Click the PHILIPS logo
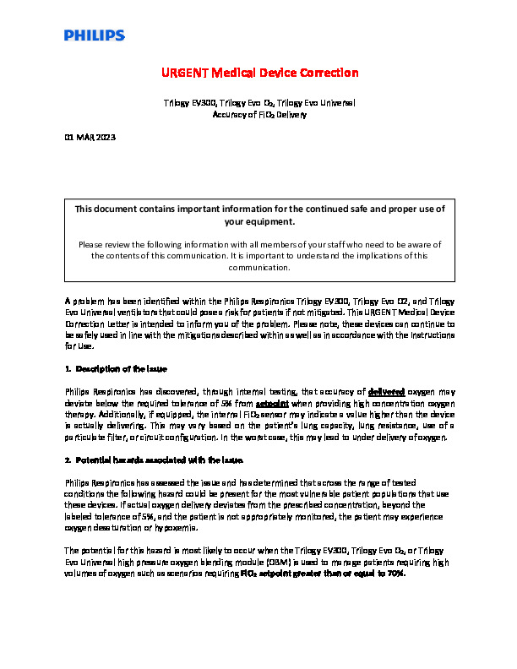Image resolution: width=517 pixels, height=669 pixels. click(x=94, y=35)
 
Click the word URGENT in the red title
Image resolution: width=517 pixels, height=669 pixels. click(x=186, y=73)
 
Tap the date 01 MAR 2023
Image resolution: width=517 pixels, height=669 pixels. click(x=90, y=137)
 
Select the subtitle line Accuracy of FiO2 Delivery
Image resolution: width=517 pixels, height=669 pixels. click(x=258, y=114)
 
